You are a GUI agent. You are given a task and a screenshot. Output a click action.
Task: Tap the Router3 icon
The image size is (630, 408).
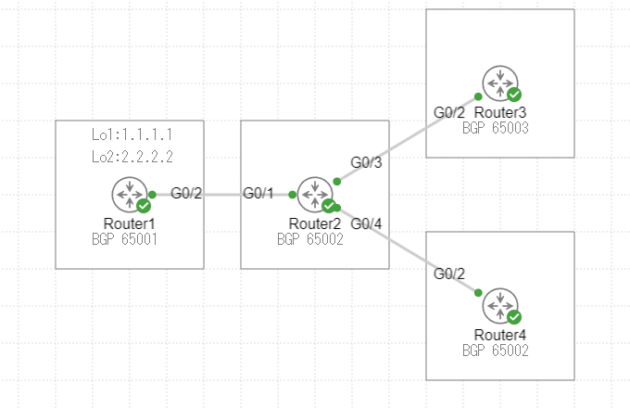[500, 83]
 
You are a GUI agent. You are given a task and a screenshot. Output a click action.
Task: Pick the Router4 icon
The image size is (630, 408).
[500, 306]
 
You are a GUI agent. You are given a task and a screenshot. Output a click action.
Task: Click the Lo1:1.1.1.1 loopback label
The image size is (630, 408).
[132, 135]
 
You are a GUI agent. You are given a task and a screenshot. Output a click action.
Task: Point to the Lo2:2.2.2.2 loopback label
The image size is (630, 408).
[132, 157]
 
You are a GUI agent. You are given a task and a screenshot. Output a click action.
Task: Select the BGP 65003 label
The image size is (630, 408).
[495, 128]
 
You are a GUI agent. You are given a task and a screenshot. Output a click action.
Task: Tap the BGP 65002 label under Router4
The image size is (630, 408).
[495, 351]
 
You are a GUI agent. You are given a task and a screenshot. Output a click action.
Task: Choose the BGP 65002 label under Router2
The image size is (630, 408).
[309, 239]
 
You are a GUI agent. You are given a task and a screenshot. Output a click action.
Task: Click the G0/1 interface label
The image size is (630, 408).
[258, 193]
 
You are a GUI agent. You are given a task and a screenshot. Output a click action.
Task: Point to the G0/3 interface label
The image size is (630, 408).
[366, 162]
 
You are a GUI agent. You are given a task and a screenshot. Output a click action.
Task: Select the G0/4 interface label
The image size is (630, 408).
[366, 223]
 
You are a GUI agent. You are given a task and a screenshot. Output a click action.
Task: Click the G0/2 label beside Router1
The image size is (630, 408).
[186, 193]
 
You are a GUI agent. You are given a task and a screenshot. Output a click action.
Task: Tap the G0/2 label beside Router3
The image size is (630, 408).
[449, 112]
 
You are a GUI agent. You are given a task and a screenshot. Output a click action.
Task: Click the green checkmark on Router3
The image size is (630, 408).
[514, 95]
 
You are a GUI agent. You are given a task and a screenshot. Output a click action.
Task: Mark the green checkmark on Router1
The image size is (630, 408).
[144, 206]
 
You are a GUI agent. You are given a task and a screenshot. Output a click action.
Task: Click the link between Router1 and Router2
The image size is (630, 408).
[222, 195]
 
